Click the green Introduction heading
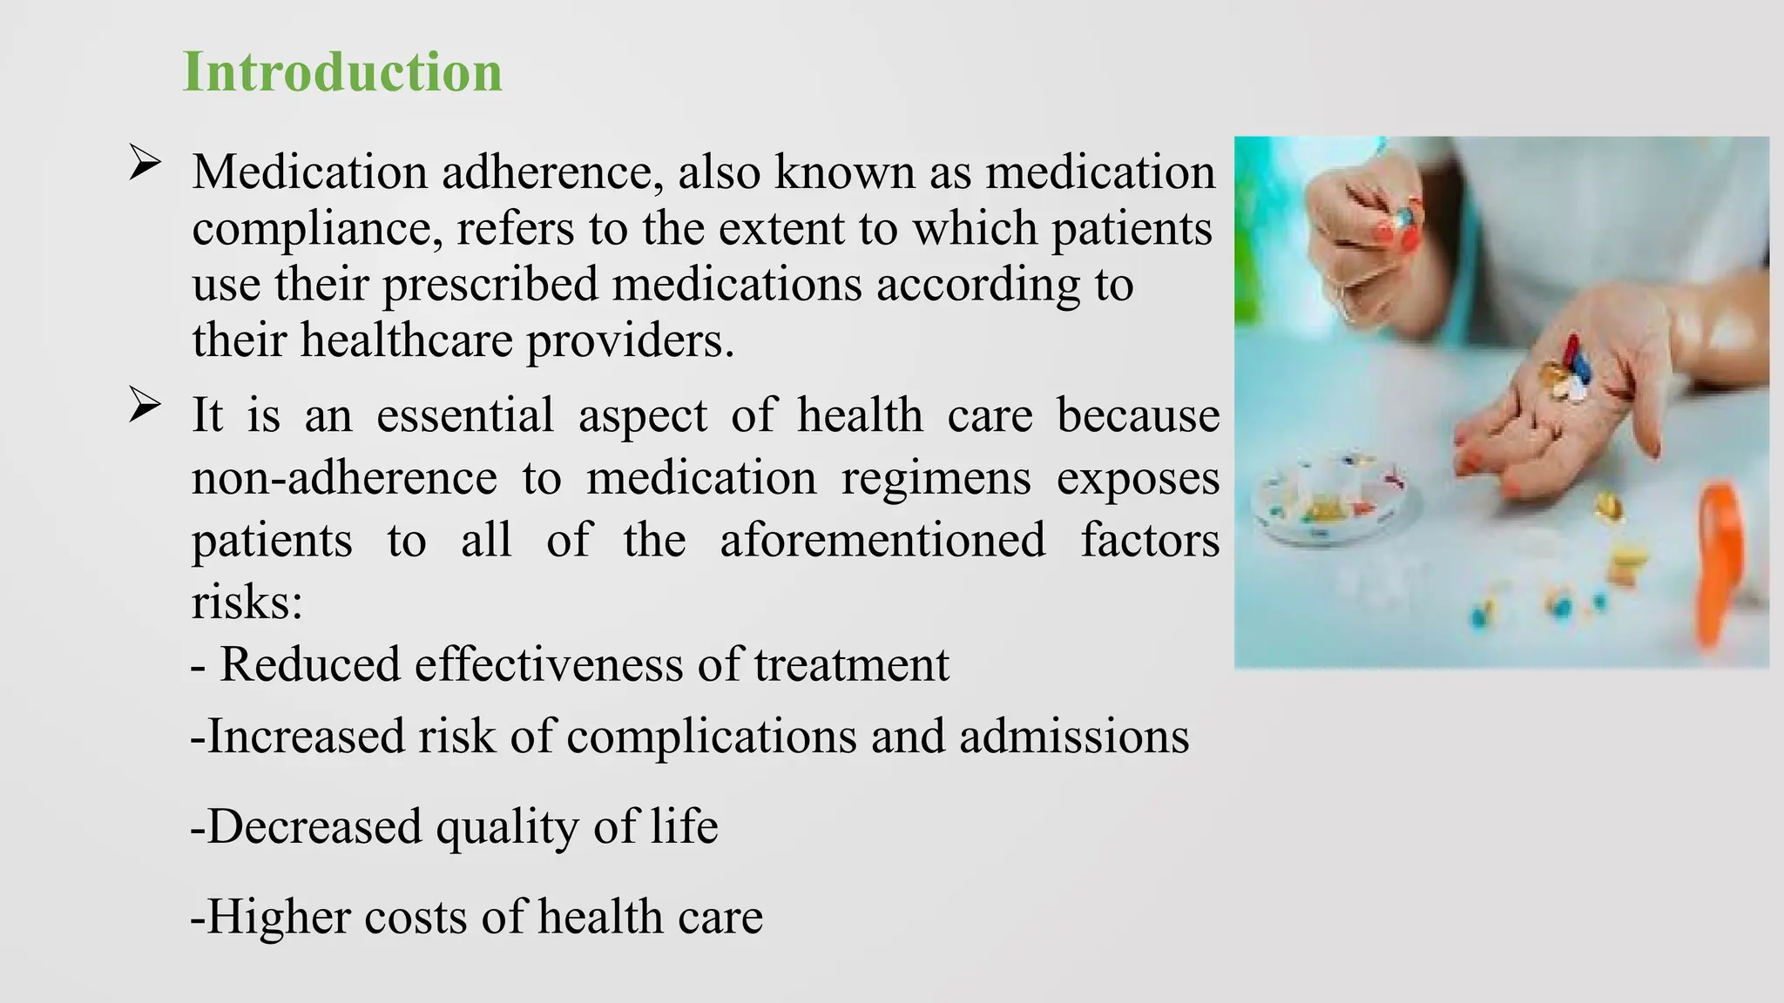342,72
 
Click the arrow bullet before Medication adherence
145,163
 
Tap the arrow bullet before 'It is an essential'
145,405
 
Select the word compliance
311,230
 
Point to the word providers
630,341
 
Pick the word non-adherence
344,478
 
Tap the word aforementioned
882,540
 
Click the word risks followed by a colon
247,602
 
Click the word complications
711,737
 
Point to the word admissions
1073,737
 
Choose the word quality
506,827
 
